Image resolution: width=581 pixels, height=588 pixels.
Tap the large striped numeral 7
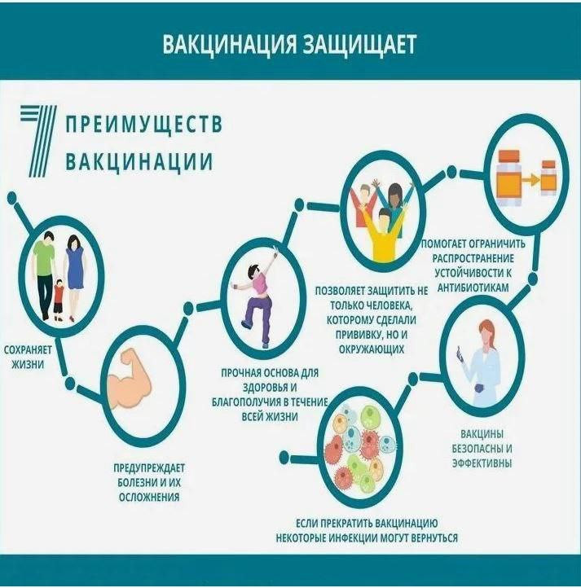(38, 141)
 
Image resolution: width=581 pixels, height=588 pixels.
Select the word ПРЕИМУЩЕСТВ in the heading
(143, 124)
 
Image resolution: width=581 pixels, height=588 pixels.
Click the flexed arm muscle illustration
(130, 379)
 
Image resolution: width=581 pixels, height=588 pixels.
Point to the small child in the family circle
(59, 300)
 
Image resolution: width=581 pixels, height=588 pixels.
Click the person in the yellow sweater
(384, 235)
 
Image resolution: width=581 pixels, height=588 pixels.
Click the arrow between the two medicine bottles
(530, 181)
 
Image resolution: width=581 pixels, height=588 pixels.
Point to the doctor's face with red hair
(488, 336)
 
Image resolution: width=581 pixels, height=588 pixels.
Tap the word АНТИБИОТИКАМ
(473, 287)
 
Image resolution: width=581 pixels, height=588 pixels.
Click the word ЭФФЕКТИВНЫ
(482, 463)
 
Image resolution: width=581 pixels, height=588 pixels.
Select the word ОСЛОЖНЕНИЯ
(149, 497)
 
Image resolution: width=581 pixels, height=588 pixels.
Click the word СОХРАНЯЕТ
(29, 349)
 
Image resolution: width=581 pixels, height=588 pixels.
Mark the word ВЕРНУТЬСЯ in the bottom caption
(434, 538)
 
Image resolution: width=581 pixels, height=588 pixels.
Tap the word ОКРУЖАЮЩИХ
(372, 349)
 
